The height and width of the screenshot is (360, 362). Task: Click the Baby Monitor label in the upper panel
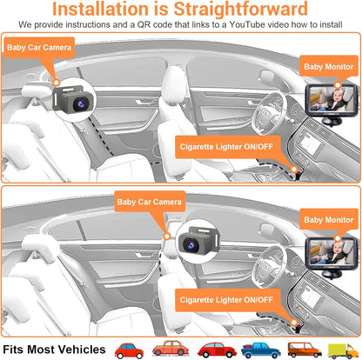click(327, 63)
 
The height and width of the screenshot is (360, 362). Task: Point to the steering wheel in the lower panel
click(271, 260)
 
